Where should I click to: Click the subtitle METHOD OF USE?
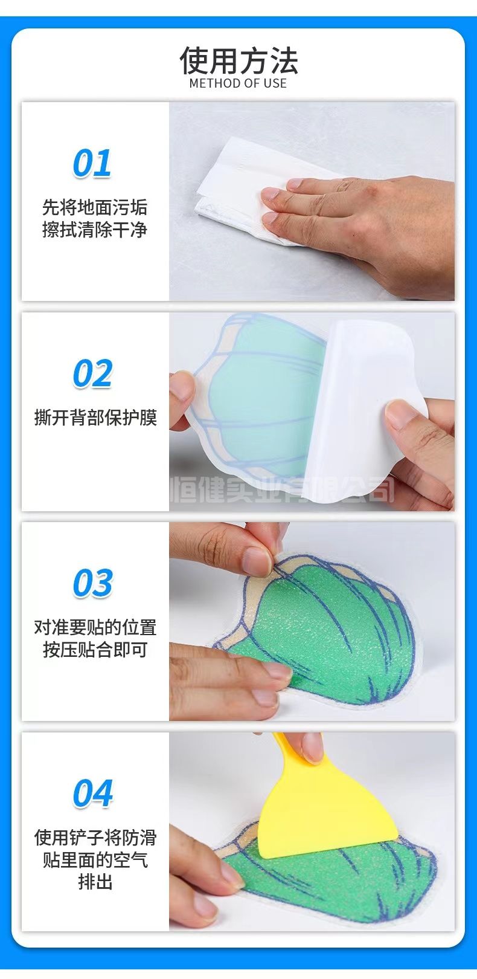[x=238, y=83]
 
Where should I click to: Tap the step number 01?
[x=92, y=163]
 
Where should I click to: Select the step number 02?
[x=92, y=373]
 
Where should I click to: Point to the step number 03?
[x=92, y=583]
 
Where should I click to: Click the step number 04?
[x=92, y=793]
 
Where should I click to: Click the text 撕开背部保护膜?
[x=95, y=417]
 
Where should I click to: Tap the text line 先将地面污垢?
[x=95, y=207]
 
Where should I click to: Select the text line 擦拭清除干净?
[x=95, y=230]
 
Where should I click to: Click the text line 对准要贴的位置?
[x=95, y=627]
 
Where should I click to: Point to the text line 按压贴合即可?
[x=95, y=650]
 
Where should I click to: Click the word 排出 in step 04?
[x=95, y=881]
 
